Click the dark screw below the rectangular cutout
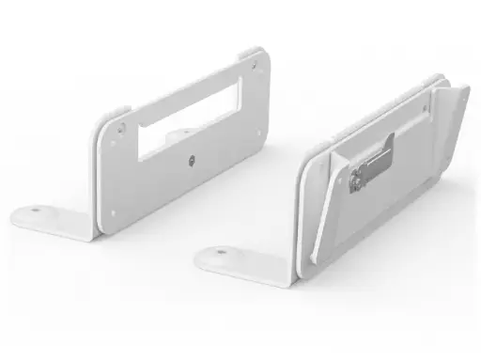(191, 161)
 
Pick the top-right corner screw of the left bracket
(254, 65)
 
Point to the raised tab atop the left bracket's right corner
(251, 53)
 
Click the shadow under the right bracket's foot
(254, 282)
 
